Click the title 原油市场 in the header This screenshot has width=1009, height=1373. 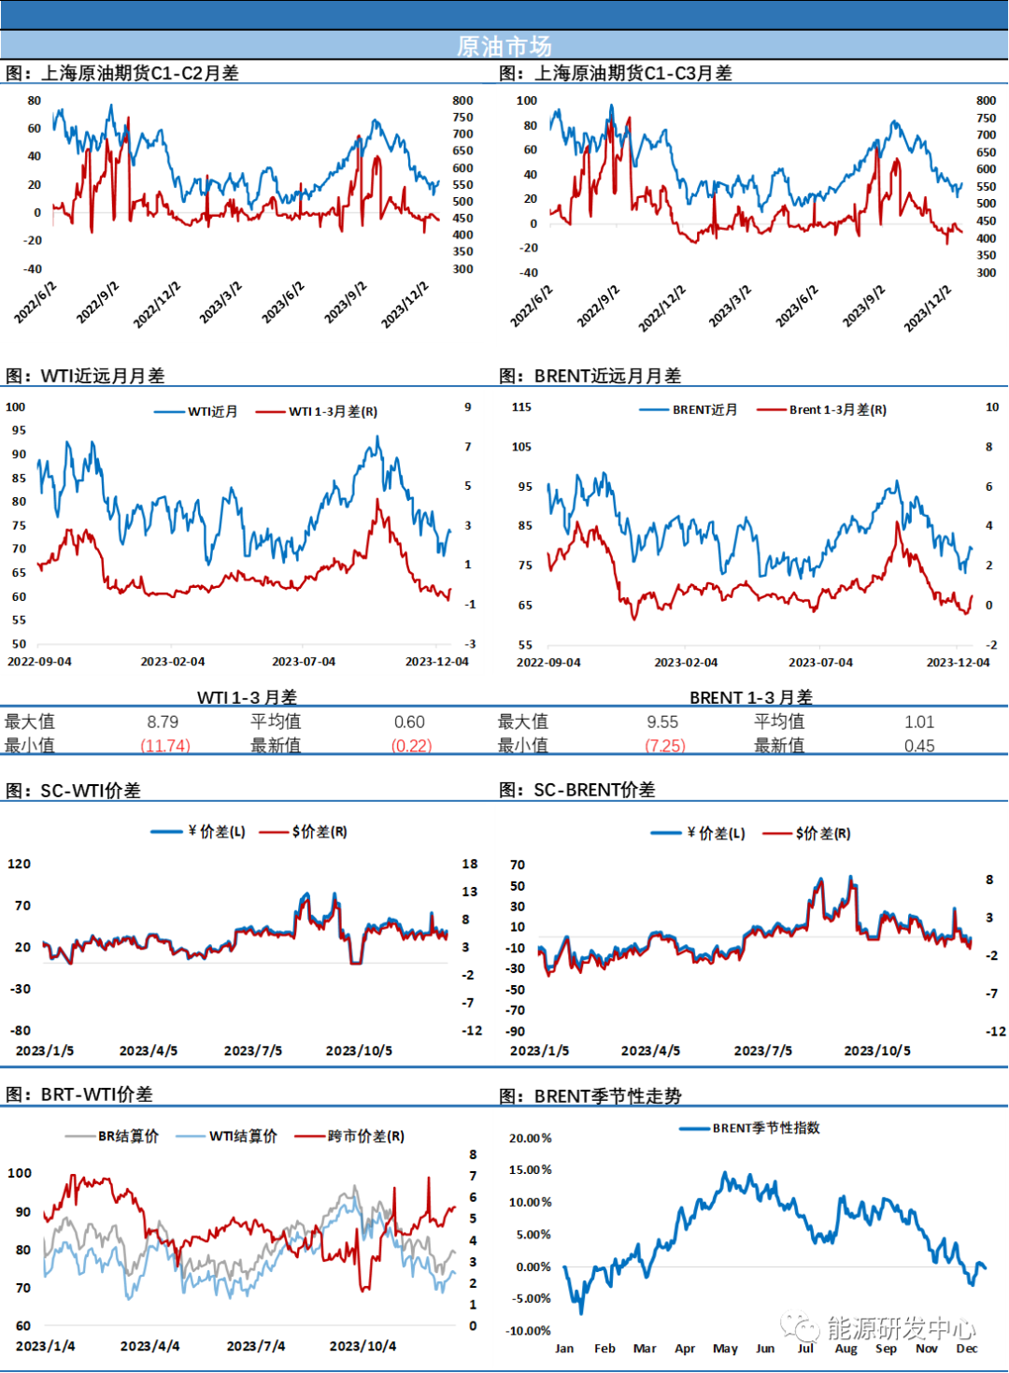504,46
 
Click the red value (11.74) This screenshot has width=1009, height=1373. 165,745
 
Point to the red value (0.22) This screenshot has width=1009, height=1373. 412,745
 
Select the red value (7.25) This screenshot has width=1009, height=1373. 666,745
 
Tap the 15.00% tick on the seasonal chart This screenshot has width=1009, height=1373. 530,1169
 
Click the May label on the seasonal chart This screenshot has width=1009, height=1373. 725,1348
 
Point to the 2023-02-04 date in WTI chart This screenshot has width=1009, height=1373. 173,661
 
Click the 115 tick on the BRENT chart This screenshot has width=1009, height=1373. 521,407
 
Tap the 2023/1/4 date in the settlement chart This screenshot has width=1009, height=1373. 45,1346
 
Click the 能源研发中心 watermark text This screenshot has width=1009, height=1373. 901,1327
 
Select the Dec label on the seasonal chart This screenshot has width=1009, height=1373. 966,1348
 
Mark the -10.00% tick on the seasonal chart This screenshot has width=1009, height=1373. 529,1330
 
